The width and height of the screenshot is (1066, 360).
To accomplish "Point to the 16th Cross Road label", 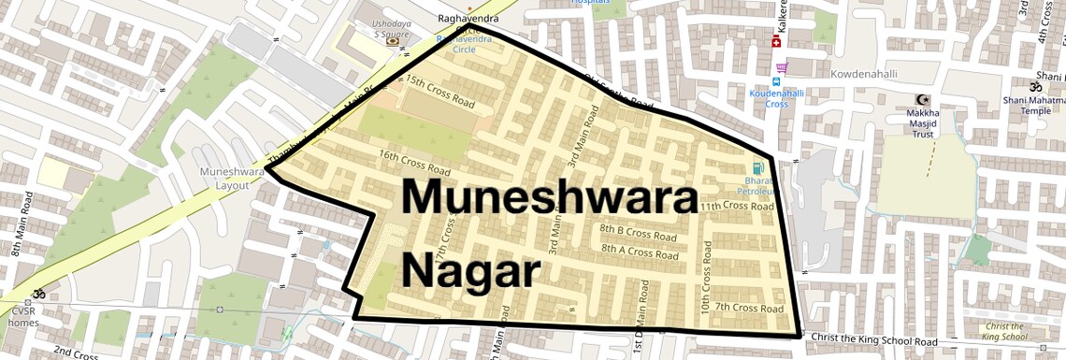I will point(414,162).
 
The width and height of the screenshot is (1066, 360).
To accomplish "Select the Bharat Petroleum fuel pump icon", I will point(745,168).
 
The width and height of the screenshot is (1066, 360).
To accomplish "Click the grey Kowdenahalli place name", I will point(869,72).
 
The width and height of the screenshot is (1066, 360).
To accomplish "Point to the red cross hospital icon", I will point(775,42).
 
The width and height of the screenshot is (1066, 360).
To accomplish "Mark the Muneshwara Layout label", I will point(224,179).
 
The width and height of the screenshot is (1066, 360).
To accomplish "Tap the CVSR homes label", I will point(24,316).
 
